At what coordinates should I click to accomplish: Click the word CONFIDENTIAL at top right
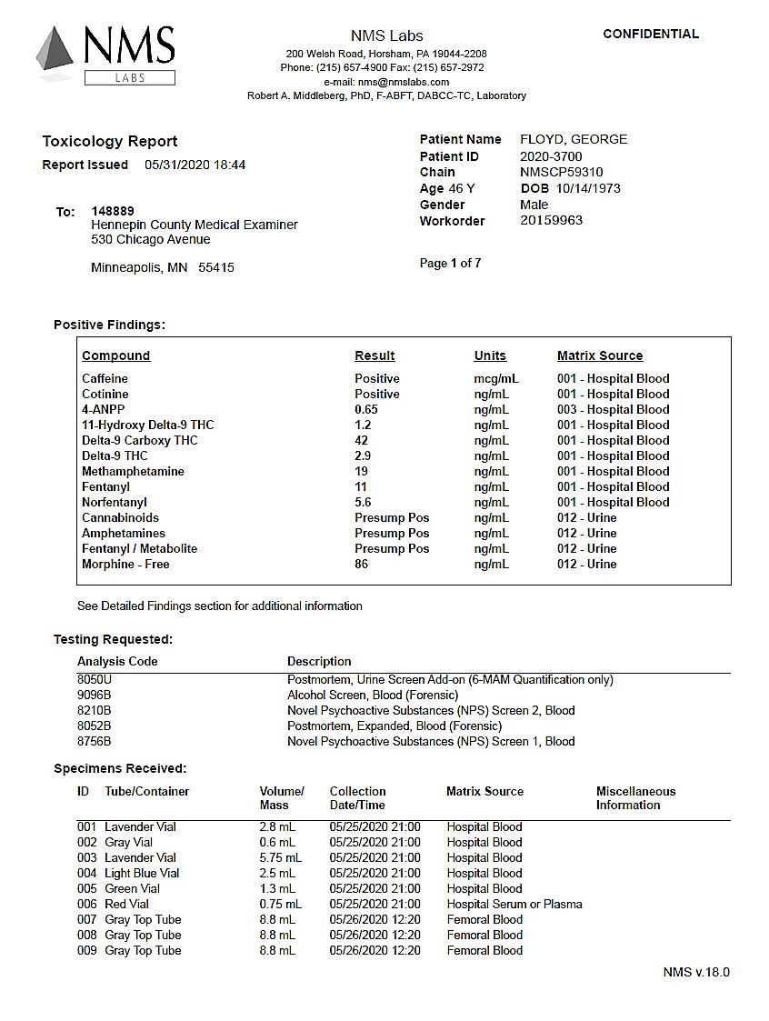click(651, 34)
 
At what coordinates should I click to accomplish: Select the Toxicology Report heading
click(110, 141)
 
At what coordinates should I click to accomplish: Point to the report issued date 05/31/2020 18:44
click(195, 165)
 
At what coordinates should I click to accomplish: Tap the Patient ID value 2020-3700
click(551, 156)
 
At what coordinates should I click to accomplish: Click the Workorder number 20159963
click(551, 221)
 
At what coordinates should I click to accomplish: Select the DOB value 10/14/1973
click(588, 188)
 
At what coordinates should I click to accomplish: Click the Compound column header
click(115, 355)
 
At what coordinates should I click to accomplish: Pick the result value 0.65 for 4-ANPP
click(366, 409)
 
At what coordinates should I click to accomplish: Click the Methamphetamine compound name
click(133, 471)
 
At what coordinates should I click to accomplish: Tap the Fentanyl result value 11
click(361, 486)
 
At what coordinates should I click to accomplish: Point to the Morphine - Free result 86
click(362, 564)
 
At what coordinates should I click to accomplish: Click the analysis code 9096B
click(95, 695)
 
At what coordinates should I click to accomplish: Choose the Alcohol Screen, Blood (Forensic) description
click(373, 695)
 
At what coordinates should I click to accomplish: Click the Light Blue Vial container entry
click(142, 873)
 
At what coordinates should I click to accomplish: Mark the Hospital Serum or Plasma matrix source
click(514, 904)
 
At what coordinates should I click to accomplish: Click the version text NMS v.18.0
click(696, 972)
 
